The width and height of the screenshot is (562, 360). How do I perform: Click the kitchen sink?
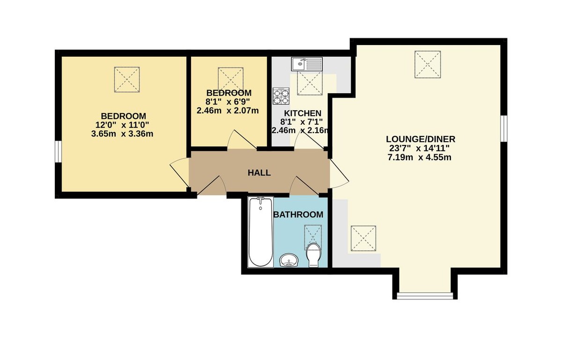coord(307,64)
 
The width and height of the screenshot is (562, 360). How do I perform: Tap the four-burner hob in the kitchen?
coord(281,96)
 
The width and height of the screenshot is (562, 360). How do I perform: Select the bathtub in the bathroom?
coord(261,232)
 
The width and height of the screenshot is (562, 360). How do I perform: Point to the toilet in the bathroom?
coord(314,255)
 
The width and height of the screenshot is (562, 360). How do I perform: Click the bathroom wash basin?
coord(289,260)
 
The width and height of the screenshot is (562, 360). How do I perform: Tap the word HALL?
coord(259,172)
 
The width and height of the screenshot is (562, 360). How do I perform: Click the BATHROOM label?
coord(298,215)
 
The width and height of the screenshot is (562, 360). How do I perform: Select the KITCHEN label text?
coord(303,113)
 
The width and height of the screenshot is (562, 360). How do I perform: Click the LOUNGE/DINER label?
coord(421,139)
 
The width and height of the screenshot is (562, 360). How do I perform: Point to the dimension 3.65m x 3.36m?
coord(122,134)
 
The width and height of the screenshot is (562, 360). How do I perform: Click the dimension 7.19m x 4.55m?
coord(420,157)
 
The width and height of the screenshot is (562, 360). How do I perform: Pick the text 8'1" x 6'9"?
coord(228,102)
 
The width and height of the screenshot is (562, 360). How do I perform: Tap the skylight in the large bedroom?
coord(127,80)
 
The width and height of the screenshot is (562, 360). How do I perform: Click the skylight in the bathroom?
coord(313,234)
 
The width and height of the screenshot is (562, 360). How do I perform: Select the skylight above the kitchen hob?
coord(310,83)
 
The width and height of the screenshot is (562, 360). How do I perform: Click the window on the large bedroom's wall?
coord(58,151)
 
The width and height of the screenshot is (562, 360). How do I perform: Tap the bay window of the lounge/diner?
coord(425,296)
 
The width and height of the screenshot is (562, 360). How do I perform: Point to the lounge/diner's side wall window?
coord(504,128)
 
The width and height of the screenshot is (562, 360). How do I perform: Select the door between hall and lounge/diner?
coord(339,173)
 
